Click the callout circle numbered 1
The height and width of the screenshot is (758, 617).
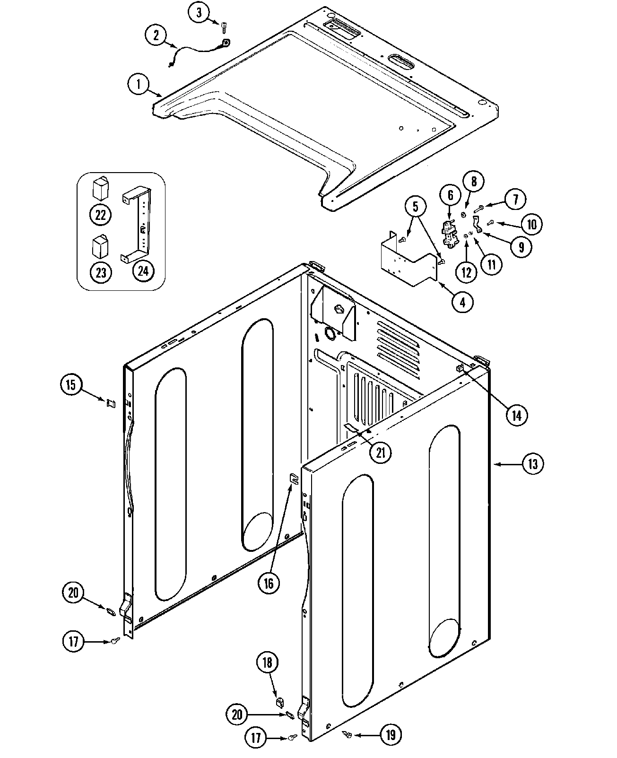pos(138,85)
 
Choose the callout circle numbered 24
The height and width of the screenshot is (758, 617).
pos(143,270)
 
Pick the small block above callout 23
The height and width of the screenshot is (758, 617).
pos(100,246)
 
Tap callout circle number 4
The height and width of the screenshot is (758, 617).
pos(462,301)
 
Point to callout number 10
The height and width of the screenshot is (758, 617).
pos(532,224)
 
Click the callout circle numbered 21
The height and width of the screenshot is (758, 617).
pos(381,453)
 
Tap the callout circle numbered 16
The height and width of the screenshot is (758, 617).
pos(269,583)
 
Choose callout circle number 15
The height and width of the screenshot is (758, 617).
pos(70,384)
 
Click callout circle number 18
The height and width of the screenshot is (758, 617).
pos(268,662)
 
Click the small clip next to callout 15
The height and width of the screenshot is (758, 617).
pos(111,403)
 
